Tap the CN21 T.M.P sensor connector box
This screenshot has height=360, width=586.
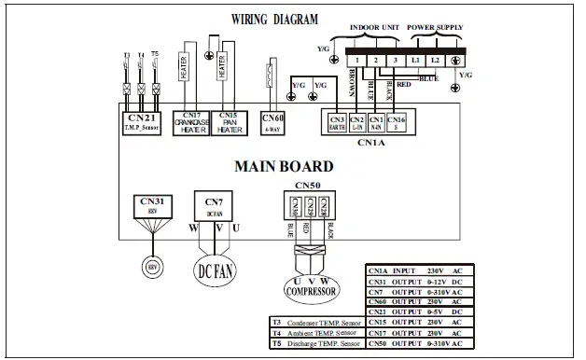(141, 121)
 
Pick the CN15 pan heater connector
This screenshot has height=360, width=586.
(230, 121)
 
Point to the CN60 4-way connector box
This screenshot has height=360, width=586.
(272, 121)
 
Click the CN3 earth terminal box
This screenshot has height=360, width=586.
(337, 122)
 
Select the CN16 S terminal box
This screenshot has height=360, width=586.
(397, 122)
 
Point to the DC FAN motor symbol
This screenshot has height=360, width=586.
(213, 271)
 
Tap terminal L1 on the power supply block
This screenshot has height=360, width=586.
(416, 60)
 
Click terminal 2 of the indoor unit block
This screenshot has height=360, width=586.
(375, 60)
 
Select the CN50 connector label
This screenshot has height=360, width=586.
(307, 186)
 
